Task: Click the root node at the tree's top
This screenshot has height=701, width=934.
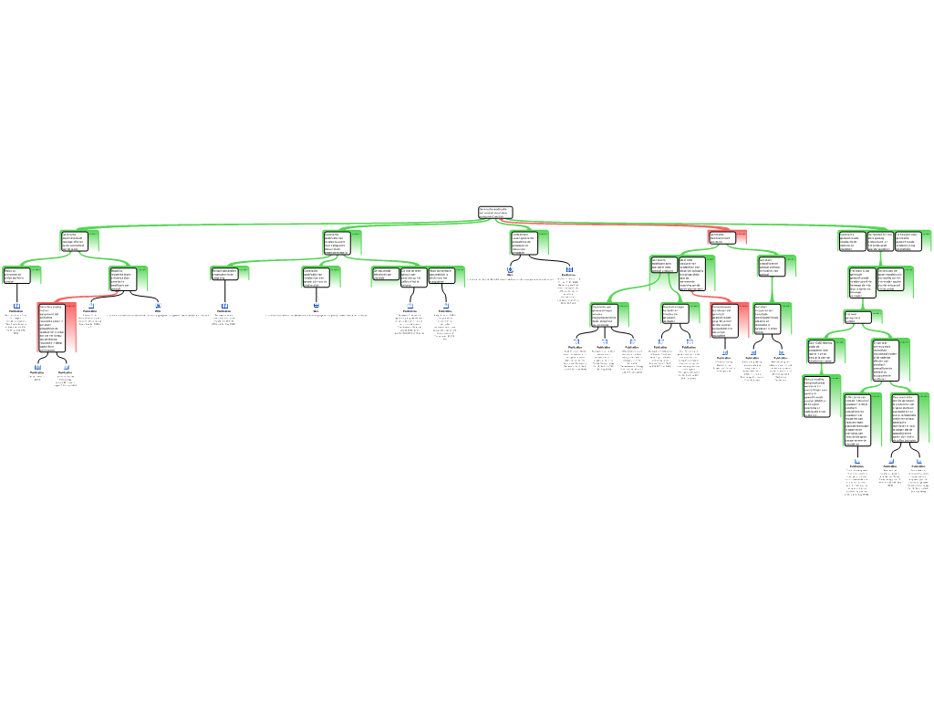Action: (495, 213)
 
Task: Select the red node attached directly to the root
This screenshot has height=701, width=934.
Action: (728, 237)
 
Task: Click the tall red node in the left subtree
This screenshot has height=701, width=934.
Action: (57, 328)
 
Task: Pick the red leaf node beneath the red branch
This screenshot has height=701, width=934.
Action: (730, 320)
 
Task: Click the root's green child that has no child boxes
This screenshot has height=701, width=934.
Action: (529, 242)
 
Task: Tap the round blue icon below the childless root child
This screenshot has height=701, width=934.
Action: (511, 269)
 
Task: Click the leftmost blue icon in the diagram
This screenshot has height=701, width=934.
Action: (16, 306)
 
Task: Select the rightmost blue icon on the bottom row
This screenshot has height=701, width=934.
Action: (916, 461)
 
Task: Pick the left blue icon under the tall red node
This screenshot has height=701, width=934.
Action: (38, 367)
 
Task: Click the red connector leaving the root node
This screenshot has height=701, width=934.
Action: (620, 225)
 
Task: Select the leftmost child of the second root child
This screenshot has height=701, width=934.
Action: (230, 273)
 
